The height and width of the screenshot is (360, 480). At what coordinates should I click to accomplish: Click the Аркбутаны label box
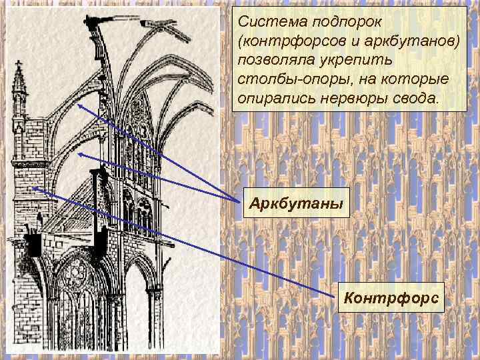296,202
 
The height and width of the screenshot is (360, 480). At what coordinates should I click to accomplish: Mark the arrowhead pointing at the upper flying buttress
79,105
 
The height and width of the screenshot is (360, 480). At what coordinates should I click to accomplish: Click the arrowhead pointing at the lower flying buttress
79,154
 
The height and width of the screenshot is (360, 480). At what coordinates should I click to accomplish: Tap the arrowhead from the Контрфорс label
33,188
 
